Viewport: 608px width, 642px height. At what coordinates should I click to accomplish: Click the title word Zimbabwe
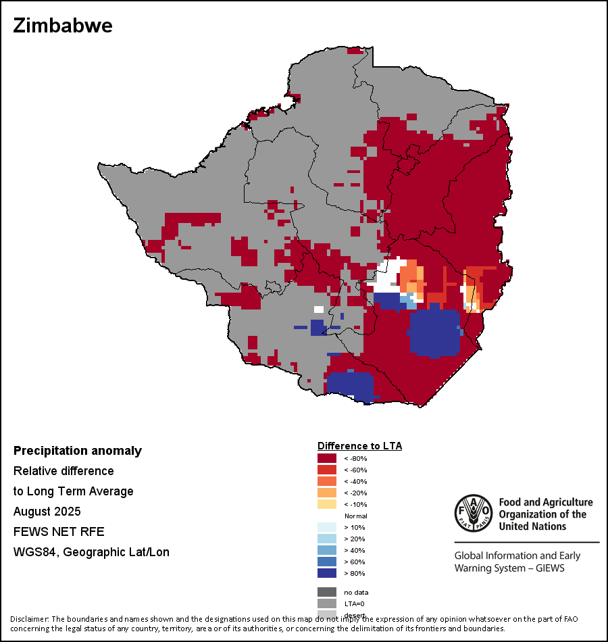click(x=62, y=26)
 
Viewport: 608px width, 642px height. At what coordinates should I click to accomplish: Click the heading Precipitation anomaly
click(x=78, y=451)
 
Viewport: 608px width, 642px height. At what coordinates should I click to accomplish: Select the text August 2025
click(x=47, y=512)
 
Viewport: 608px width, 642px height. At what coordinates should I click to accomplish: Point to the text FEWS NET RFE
click(x=59, y=532)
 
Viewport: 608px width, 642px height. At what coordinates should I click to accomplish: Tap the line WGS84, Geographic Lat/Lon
click(x=91, y=552)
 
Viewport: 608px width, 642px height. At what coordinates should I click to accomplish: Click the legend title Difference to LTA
click(x=359, y=446)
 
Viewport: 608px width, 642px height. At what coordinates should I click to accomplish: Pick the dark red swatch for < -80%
click(x=327, y=458)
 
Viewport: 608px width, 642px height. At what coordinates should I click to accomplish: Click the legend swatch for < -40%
click(x=327, y=481)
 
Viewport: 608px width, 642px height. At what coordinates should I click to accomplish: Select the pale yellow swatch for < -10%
click(x=327, y=504)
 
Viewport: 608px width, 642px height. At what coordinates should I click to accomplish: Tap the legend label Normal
click(x=355, y=516)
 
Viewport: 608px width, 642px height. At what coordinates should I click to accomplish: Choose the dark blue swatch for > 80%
click(x=327, y=573)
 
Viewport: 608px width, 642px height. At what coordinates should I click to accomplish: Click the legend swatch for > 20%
click(x=327, y=539)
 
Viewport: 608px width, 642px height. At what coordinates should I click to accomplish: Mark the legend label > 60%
click(x=355, y=562)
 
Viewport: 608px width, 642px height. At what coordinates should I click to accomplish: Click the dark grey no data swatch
click(x=327, y=592)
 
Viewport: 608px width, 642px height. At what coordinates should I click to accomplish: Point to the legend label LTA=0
click(x=355, y=603)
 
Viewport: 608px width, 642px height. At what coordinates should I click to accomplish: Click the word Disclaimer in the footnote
click(x=30, y=619)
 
